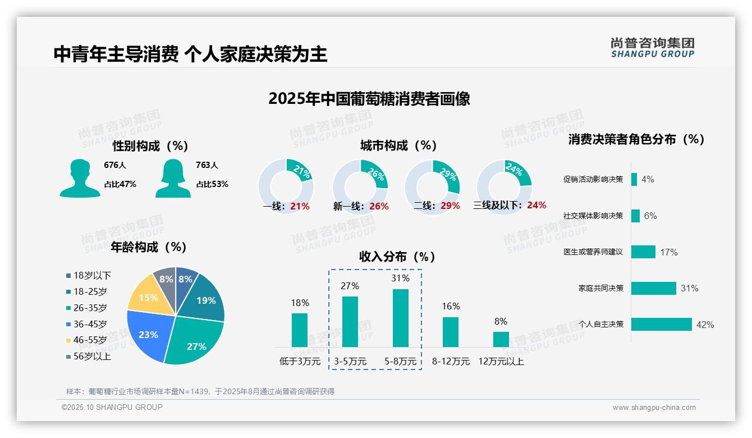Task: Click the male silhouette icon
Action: coord(80,178)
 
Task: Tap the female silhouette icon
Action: coord(173,178)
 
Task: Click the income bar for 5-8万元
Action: coord(400,318)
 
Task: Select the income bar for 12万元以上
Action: coord(501,339)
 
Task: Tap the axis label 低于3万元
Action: coord(299,362)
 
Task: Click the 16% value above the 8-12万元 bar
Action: coord(451,307)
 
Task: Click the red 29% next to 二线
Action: coord(450,206)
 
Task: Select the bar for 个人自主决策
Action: coord(661,325)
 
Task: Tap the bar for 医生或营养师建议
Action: coord(643,252)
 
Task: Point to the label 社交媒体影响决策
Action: coord(593,216)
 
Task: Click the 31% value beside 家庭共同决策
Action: coord(689,289)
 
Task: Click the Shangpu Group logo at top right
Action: coord(653,47)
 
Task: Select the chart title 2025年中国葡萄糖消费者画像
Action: coord(369,99)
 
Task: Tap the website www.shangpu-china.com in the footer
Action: coord(654,408)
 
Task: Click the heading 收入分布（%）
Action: coord(397,257)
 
